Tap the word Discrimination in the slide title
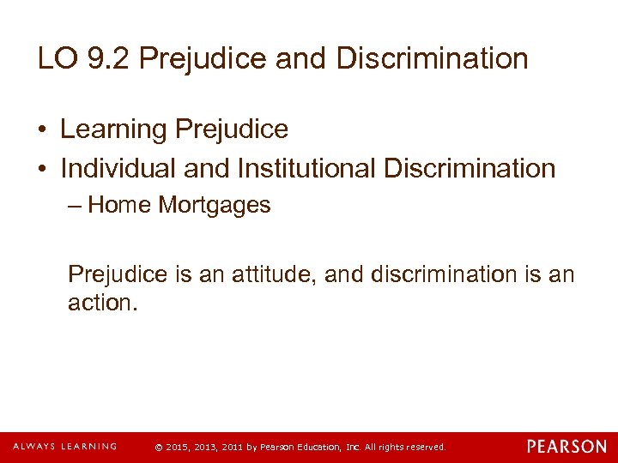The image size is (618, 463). click(x=433, y=59)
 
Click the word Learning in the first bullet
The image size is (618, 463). click(x=113, y=130)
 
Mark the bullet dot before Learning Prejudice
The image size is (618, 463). click(x=43, y=130)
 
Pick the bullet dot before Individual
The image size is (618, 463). click(x=43, y=169)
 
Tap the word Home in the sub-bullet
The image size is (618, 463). click(x=117, y=206)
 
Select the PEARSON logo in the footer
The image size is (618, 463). click(x=566, y=447)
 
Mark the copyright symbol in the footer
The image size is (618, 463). click(x=157, y=448)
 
